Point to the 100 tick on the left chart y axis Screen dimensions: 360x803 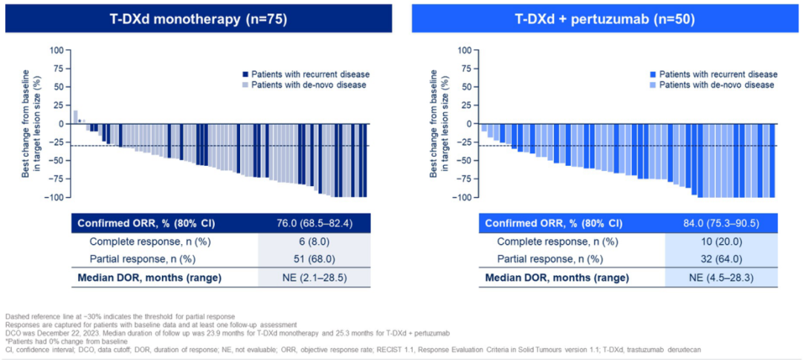[57, 51]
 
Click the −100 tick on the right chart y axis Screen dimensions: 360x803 [463, 197]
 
